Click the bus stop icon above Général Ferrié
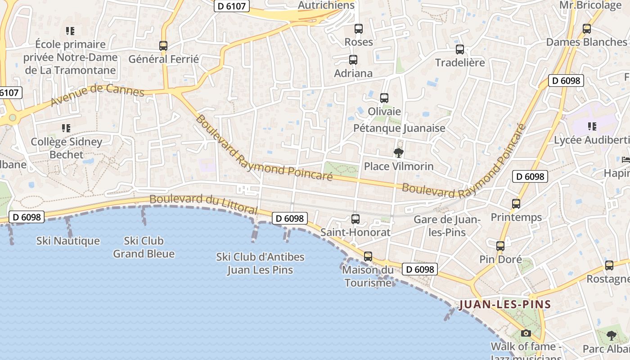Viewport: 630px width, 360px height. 163,45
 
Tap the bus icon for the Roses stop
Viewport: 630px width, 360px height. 359,28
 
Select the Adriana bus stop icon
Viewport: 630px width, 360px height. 353,59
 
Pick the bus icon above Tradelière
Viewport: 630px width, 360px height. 460,49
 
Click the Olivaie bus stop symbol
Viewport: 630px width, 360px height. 384,98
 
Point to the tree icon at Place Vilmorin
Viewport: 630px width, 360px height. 398,153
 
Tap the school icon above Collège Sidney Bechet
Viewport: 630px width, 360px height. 66,128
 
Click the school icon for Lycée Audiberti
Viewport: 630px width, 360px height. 592,126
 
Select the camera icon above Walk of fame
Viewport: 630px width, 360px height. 526,333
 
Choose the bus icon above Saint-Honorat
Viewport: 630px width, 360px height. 355,219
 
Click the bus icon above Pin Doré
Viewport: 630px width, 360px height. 500,246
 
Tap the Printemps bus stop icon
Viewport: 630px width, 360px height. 516,203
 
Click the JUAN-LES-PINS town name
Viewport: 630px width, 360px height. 505,305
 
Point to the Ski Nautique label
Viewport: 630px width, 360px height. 68,241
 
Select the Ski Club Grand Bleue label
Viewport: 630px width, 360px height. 144,247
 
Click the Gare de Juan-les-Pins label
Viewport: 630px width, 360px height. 447,226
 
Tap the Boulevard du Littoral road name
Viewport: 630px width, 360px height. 203,204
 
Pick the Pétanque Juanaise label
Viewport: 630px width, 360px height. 399,128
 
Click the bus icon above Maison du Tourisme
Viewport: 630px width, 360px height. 368,256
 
